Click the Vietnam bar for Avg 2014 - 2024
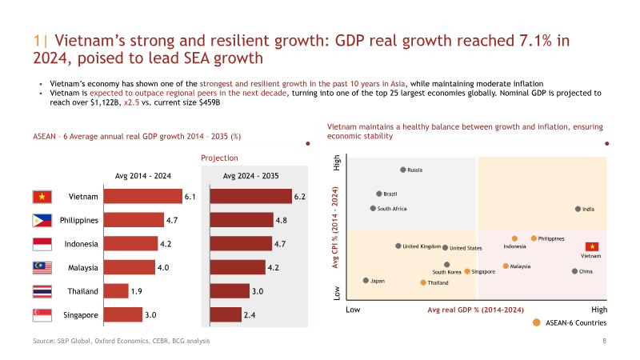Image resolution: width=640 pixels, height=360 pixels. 143,196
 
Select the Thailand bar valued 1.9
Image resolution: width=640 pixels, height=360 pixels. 116,291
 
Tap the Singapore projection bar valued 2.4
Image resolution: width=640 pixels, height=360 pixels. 226,314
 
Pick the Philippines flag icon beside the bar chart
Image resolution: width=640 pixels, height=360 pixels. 42,221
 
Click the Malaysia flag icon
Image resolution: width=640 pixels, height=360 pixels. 42,268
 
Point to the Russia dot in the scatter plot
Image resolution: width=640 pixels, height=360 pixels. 403,170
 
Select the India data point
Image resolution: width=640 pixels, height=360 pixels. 578,209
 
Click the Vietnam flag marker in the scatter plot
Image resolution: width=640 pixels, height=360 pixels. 592,246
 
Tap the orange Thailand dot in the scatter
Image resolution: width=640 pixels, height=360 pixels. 423,282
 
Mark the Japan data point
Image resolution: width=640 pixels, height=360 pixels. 366,281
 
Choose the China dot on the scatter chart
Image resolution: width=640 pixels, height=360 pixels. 574,271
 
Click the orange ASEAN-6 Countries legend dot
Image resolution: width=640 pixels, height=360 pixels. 536,322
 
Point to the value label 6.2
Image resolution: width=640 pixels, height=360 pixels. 299,197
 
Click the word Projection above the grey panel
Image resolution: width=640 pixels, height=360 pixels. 219,158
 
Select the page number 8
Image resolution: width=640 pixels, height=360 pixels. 605,341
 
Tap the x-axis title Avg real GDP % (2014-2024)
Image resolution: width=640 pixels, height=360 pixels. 475,310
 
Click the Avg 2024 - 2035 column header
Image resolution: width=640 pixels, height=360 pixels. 250,176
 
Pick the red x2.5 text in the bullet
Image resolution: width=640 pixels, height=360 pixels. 131,102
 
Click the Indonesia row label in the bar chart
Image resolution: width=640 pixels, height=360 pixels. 82,244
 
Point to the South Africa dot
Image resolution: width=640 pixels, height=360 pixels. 373,208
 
